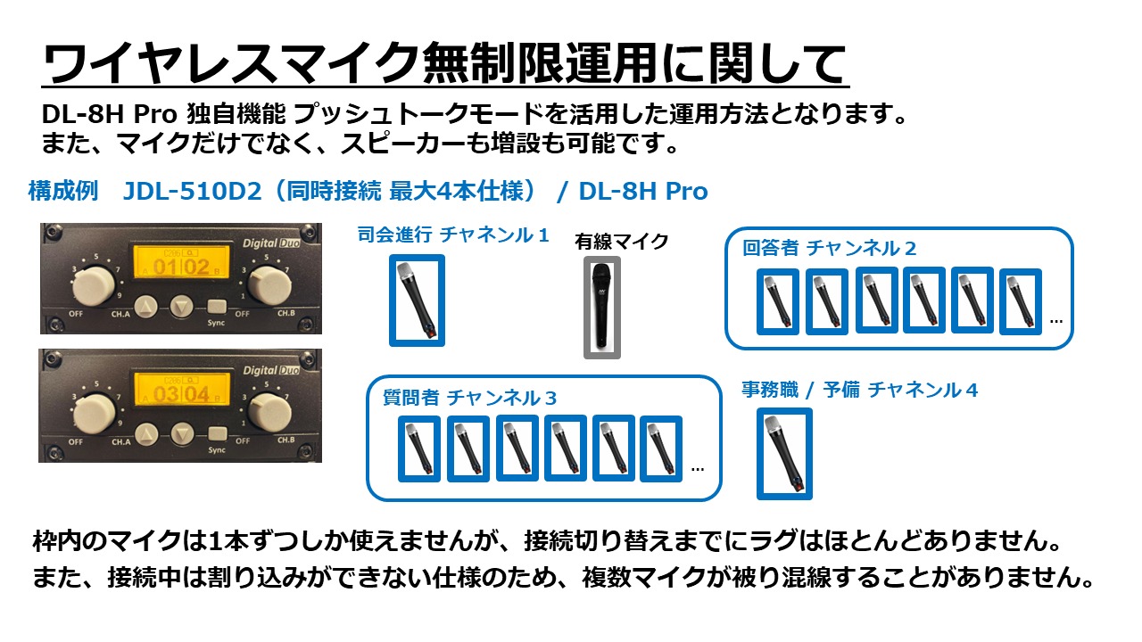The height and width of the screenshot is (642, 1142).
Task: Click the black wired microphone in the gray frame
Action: point(602,308)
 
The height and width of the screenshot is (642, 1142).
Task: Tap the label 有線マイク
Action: point(622,241)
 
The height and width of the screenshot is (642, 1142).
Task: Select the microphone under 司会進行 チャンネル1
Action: point(417,300)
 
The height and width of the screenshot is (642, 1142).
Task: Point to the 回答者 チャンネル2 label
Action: point(829,248)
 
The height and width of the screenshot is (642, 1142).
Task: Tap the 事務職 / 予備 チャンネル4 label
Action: point(859,390)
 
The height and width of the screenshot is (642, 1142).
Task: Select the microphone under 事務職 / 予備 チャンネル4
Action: point(784,453)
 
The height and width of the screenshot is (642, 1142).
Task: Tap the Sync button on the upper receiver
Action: point(215,307)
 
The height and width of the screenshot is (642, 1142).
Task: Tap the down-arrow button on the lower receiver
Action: point(181,432)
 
